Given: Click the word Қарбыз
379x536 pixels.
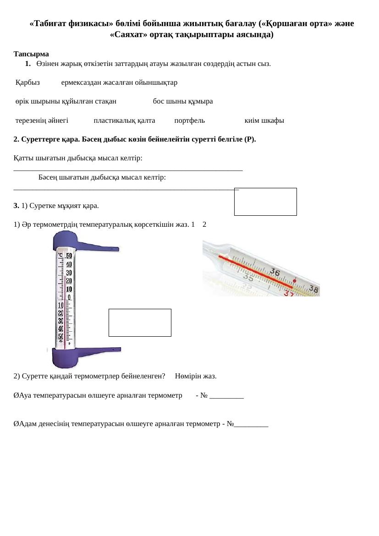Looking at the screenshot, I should pyautogui.click(x=27, y=82).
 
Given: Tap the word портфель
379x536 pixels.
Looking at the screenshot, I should pyautogui.click(x=189, y=120).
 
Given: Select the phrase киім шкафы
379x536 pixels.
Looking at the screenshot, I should pyautogui.click(x=264, y=120).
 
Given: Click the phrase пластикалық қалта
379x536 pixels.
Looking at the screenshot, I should pyautogui.click(x=124, y=120).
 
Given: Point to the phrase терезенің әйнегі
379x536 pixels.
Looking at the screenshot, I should pyautogui.click(x=42, y=120).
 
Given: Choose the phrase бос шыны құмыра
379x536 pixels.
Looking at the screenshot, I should pyautogui.click(x=183, y=101).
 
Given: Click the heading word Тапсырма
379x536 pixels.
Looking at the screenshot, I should pyautogui.click(x=31, y=54).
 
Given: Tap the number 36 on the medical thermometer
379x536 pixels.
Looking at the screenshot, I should pyautogui.click(x=275, y=272).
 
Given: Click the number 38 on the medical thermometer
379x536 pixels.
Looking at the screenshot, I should pyautogui.click(x=314, y=289).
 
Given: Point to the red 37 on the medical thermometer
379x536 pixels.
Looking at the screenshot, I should pyautogui.click(x=289, y=294).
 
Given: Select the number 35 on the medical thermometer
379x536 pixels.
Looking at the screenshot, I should pyautogui.click(x=248, y=277).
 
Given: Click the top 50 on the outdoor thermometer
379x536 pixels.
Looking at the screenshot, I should pyautogui.click(x=69, y=256).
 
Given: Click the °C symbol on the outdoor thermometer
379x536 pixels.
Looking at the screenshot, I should pyautogui.click(x=60, y=256).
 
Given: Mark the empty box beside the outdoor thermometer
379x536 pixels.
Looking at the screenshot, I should pyautogui.click(x=140, y=323).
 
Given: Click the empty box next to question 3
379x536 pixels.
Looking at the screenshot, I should pyautogui.click(x=265, y=202).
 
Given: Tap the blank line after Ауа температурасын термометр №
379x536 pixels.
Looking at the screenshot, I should pyautogui.click(x=226, y=396).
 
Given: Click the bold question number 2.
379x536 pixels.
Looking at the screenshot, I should pyautogui.click(x=16, y=139).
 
